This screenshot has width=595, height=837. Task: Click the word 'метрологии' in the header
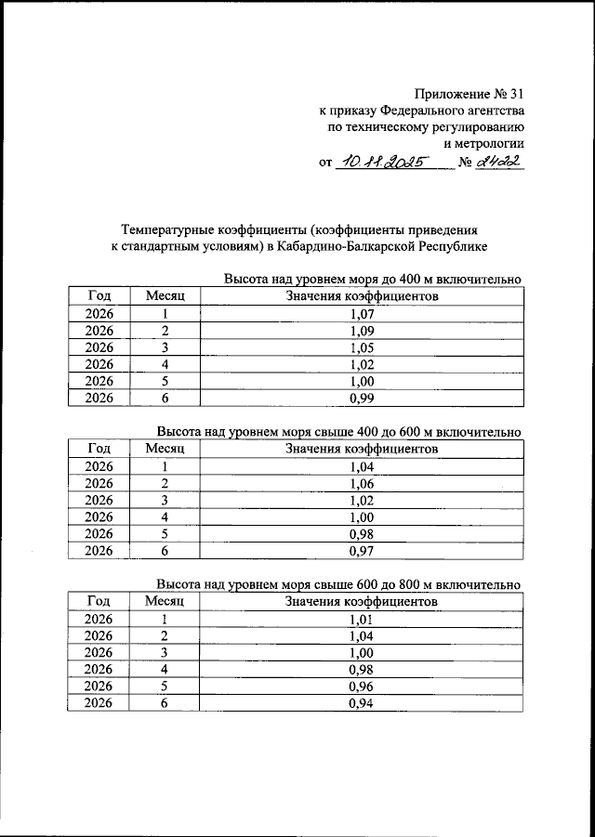click(x=485, y=143)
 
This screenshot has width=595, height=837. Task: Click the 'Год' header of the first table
click(x=99, y=296)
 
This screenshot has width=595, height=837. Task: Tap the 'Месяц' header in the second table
click(x=165, y=449)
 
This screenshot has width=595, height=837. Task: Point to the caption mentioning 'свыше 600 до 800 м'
click(x=338, y=585)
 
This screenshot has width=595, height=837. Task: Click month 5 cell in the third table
click(x=165, y=687)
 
